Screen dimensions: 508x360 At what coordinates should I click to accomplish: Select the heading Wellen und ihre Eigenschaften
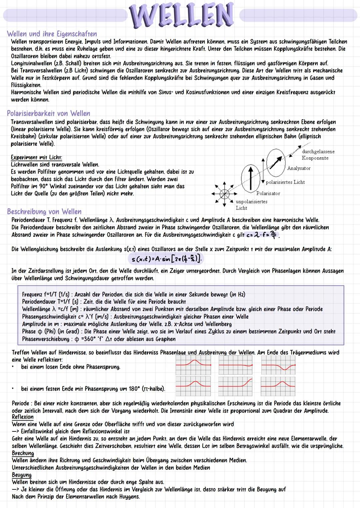[52, 34]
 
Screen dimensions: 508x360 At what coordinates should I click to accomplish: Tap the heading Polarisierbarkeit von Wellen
[49, 114]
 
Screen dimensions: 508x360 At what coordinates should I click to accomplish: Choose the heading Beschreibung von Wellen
[44, 212]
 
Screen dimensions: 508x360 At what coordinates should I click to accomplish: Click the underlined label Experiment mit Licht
[36, 158]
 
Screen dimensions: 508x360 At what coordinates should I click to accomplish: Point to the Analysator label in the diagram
[299, 169]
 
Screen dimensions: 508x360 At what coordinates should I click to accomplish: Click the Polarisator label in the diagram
[268, 194]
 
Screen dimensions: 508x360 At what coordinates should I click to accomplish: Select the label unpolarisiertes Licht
[251, 205]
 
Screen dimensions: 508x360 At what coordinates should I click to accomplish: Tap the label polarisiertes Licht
[285, 182]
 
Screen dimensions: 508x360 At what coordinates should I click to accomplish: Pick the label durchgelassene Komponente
[318, 155]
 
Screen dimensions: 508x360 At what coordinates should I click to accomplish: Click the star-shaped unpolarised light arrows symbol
[224, 193]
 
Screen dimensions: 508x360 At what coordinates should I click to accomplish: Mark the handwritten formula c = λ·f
[262, 235]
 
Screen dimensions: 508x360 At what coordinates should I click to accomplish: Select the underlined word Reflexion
[23, 417]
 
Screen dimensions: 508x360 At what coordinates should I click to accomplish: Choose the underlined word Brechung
[23, 453]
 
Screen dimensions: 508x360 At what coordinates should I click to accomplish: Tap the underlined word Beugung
[22, 475]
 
